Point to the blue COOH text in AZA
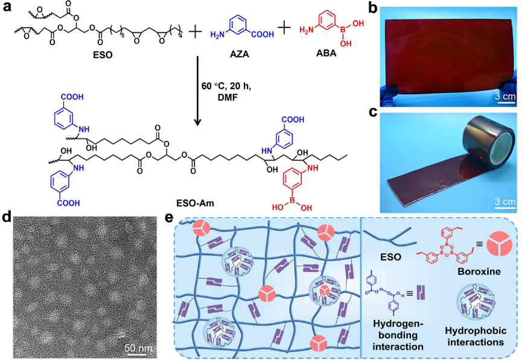pos(261,35)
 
